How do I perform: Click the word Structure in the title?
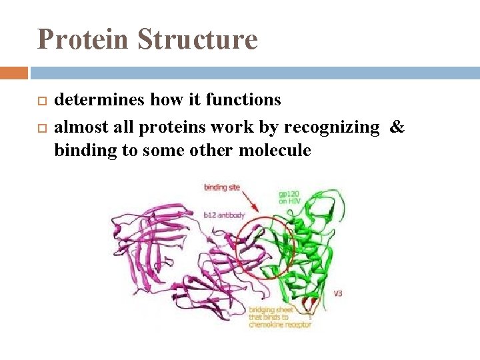tap(197, 39)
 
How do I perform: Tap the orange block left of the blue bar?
tap(14, 72)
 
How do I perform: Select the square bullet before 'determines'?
tap(41, 101)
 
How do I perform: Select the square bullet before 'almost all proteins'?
tap(41, 127)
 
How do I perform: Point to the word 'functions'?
tap(243, 100)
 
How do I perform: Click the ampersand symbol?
tap(397, 127)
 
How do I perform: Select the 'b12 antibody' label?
tap(223, 215)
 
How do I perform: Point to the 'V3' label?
tap(338, 293)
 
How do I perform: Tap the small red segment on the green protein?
tap(308, 304)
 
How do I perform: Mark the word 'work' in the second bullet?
tap(229, 127)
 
